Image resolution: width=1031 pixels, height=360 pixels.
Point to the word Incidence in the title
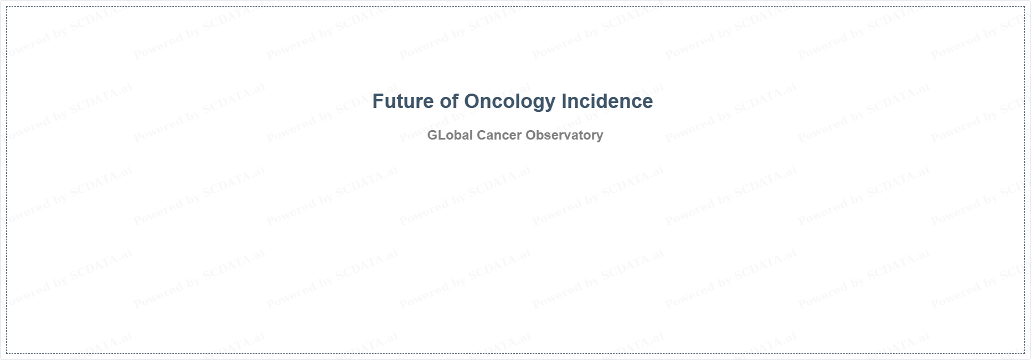(x=607, y=101)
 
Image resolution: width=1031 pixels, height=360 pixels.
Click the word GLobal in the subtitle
(x=450, y=135)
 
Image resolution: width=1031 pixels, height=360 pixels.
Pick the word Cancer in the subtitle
(x=499, y=135)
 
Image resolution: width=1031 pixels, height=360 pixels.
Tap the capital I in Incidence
(x=564, y=101)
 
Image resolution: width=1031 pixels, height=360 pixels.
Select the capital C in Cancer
(x=482, y=135)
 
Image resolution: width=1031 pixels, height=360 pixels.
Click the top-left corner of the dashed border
(x=7, y=7)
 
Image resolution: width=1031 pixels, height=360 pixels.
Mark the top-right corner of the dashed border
(x=1024, y=7)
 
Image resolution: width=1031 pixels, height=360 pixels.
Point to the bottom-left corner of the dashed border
(x=7, y=353)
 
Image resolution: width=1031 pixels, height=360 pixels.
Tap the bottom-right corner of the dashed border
(x=1024, y=353)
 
